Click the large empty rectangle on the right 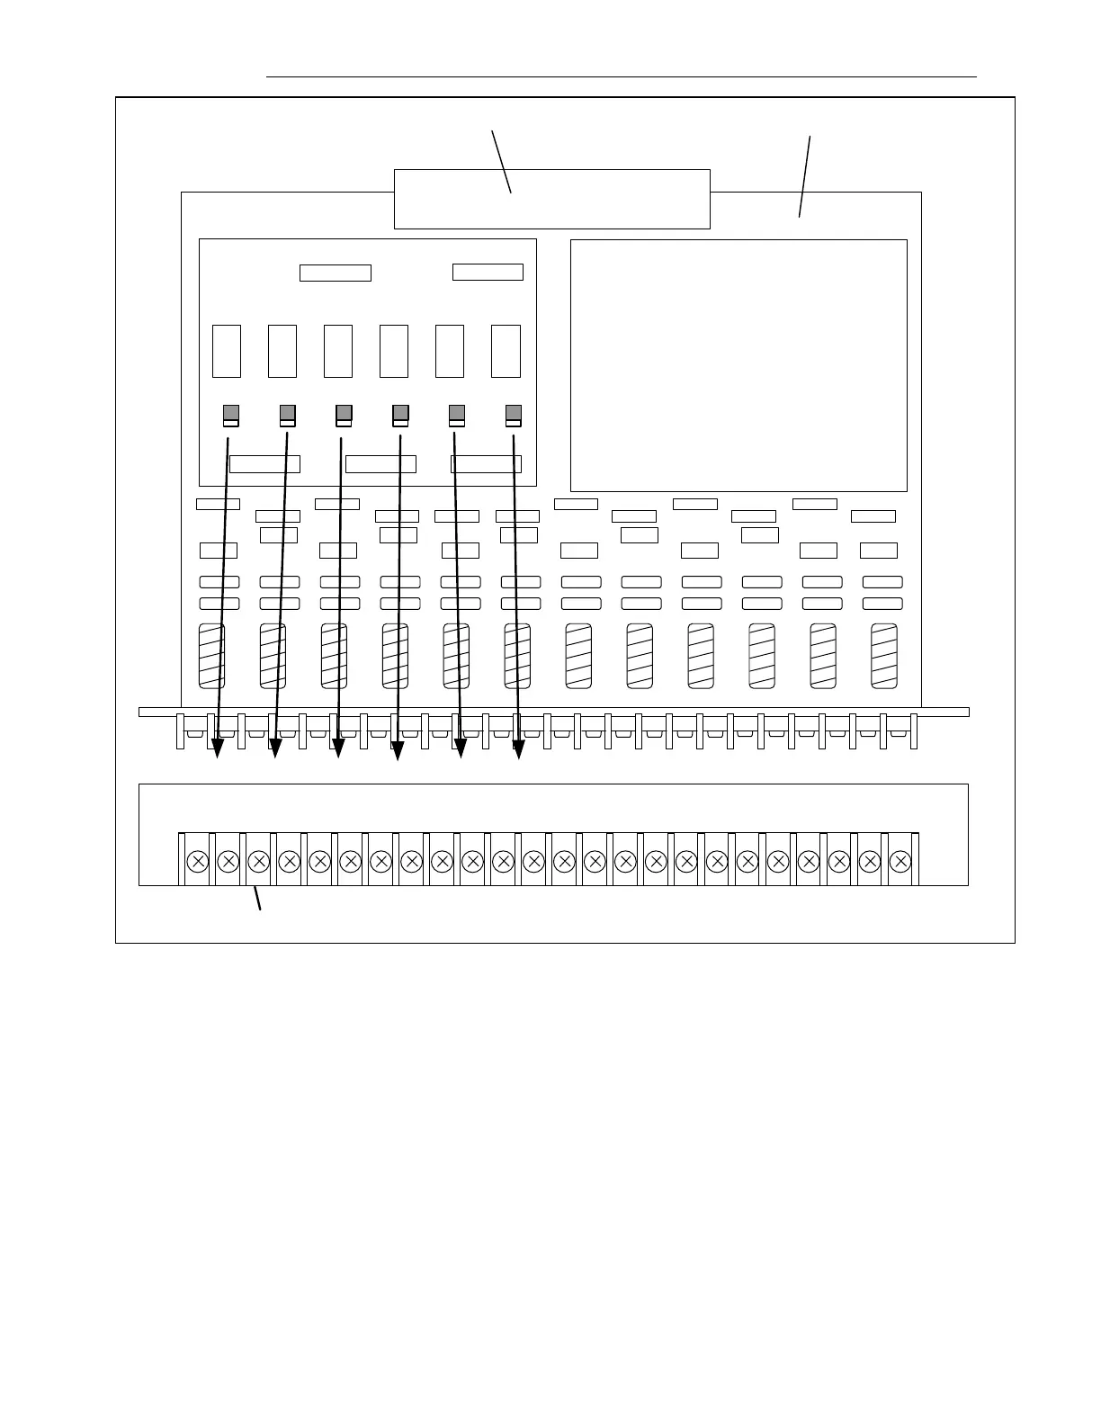tap(738, 365)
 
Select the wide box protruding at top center tap(552, 199)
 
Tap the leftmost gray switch tap(231, 415)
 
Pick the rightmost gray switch tap(514, 415)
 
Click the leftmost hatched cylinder tap(211, 656)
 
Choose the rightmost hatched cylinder tap(884, 656)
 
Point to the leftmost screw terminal tap(198, 861)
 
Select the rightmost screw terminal tap(900, 861)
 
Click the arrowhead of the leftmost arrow tap(218, 748)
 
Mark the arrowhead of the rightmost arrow tap(518, 748)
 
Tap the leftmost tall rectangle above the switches tap(227, 351)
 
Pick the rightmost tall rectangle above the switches tap(506, 351)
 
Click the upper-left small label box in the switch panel tap(335, 273)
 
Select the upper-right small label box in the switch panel tap(488, 272)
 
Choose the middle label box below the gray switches tap(380, 464)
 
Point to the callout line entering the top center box tap(501, 162)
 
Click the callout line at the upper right tap(805, 176)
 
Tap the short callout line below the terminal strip tap(257, 899)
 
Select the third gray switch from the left tap(344, 415)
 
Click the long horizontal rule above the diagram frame tap(621, 77)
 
